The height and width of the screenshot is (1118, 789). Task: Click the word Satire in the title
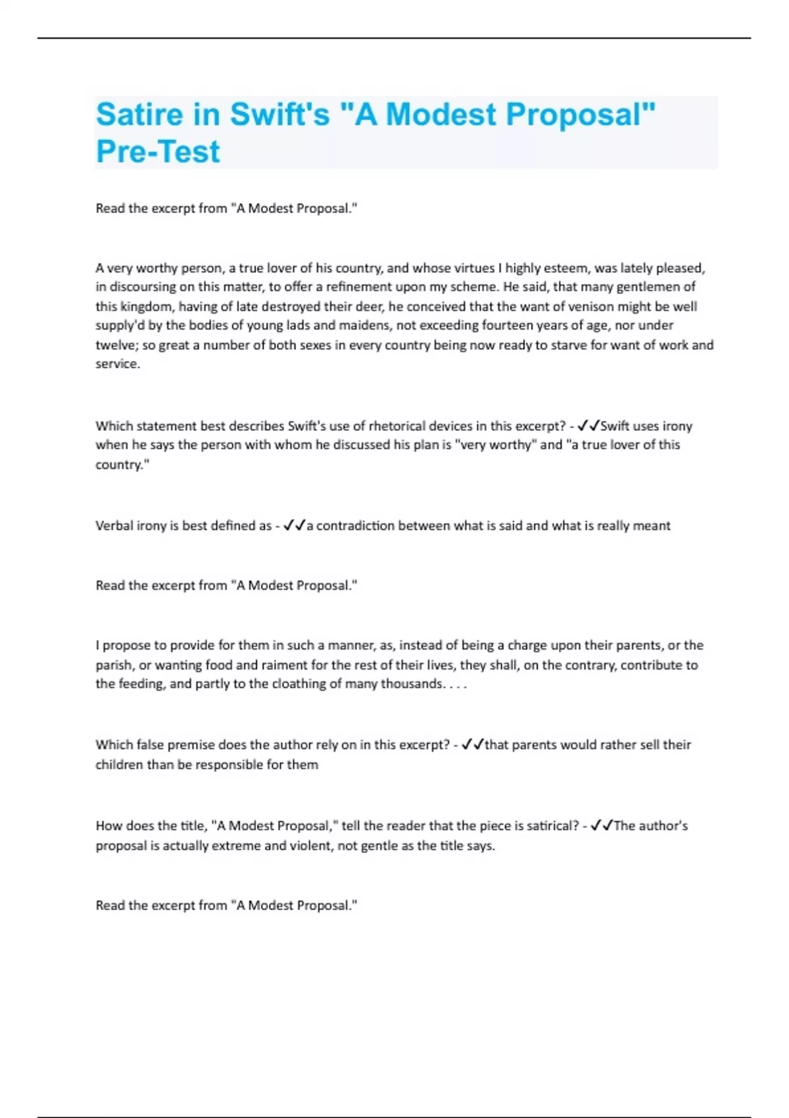(139, 114)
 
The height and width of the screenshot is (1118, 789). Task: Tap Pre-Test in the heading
(158, 152)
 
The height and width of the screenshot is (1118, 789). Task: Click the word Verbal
(114, 526)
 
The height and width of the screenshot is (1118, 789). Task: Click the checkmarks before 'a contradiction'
(294, 526)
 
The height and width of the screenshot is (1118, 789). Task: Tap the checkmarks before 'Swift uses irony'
(588, 426)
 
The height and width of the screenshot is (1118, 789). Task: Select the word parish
(113, 665)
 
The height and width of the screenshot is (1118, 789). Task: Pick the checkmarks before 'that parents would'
(472, 745)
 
